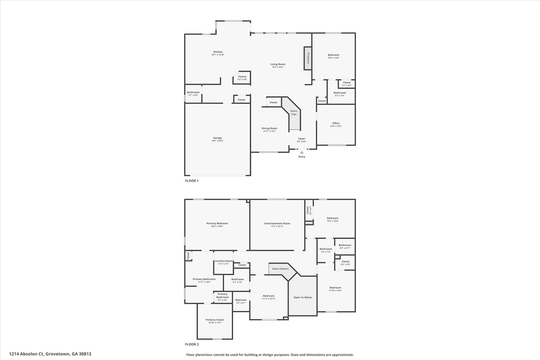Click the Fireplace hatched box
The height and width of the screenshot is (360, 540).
(308, 58)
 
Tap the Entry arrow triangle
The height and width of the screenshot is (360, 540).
(302, 152)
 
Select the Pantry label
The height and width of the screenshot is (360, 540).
(242, 77)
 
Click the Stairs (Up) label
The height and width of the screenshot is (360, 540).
(294, 113)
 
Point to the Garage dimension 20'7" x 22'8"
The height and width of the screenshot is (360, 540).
(218, 141)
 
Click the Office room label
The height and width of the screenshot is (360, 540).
(336, 123)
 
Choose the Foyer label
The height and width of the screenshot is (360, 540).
(302, 139)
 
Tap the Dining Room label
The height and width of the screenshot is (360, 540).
(269, 128)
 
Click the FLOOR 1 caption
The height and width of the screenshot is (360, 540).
(192, 181)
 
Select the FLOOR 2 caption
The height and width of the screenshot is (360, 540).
(192, 344)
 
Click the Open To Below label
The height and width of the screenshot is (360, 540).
(303, 297)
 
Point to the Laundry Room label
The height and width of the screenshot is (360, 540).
(223, 261)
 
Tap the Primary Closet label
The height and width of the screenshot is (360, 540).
(215, 320)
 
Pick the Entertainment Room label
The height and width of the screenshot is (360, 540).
(277, 223)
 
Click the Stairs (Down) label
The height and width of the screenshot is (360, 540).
(280, 269)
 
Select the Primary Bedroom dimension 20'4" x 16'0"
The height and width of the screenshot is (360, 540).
(217, 226)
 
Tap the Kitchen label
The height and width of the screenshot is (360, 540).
(218, 52)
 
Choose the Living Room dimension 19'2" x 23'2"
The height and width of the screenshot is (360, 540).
(278, 67)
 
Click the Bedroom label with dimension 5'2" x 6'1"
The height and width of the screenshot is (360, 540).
(241, 300)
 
